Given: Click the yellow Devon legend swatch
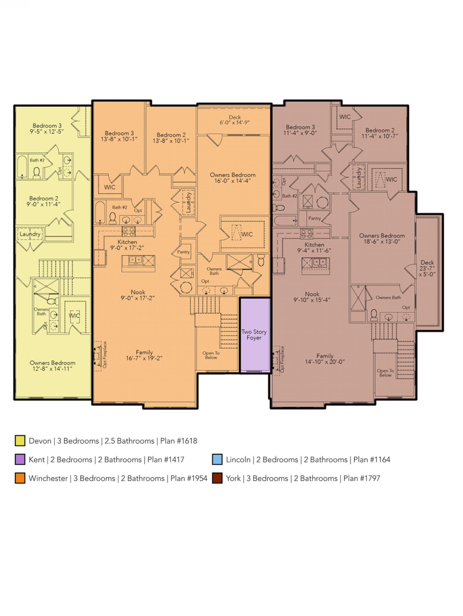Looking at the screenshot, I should (x=20, y=441).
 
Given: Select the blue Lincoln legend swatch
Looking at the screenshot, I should (x=217, y=460).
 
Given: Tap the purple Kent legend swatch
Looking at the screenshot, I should (x=20, y=460).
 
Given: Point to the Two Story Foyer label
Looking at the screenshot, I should (x=254, y=334).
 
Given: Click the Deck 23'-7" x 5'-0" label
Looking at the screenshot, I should (x=427, y=268).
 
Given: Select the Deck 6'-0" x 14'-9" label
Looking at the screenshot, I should (x=235, y=120).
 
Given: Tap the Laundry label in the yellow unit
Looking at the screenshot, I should (x=30, y=234).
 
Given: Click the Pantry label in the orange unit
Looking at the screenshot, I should (x=184, y=252).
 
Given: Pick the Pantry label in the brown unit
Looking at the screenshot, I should (x=314, y=218).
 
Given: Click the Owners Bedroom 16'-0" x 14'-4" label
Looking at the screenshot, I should (x=233, y=178).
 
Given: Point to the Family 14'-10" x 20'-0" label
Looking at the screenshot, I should (x=325, y=359).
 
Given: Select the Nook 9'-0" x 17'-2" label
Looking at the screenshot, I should (x=138, y=295).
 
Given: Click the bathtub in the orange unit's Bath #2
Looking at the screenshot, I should (x=100, y=213).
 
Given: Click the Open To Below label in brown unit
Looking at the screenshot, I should (x=385, y=373).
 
